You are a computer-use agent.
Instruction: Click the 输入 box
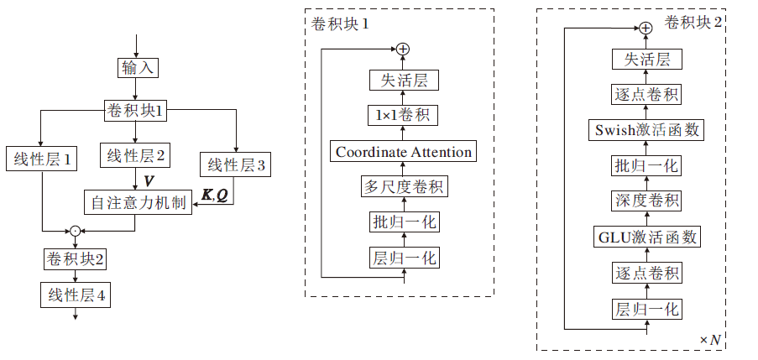136,68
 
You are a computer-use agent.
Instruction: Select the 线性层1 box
42,158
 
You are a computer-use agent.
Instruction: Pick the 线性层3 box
236,164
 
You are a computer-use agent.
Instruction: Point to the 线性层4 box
76,295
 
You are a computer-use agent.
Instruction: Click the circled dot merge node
76,229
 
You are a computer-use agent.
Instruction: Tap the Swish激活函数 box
646,130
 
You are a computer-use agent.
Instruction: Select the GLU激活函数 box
646,237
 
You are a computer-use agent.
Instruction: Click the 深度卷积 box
646,201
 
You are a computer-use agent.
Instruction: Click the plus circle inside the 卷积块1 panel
404,50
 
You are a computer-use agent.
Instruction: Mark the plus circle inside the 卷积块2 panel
645,28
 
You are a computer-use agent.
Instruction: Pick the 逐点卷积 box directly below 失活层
646,94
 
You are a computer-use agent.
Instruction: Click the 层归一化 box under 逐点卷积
646,309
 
